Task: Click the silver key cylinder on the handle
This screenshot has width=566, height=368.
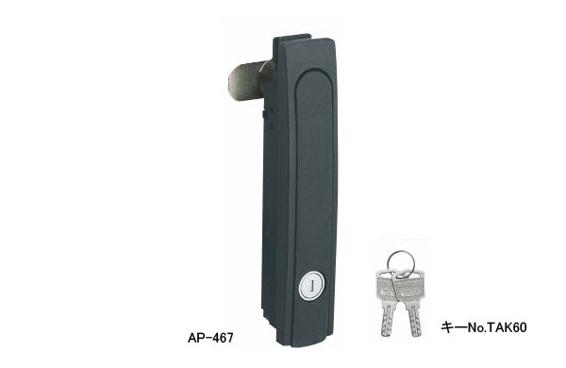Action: click(x=309, y=284)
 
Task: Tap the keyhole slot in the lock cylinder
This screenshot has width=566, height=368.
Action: click(x=309, y=284)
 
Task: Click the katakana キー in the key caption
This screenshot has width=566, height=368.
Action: click(x=452, y=329)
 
